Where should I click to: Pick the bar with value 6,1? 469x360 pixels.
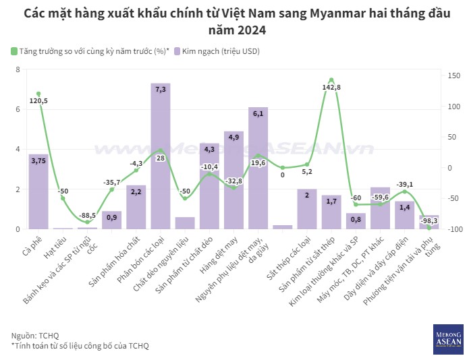258,169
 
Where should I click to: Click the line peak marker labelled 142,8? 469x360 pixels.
331,80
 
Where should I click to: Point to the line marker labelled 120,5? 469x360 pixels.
38,94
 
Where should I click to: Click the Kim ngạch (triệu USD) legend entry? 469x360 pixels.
217,51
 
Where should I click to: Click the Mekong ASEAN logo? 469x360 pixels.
447,338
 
